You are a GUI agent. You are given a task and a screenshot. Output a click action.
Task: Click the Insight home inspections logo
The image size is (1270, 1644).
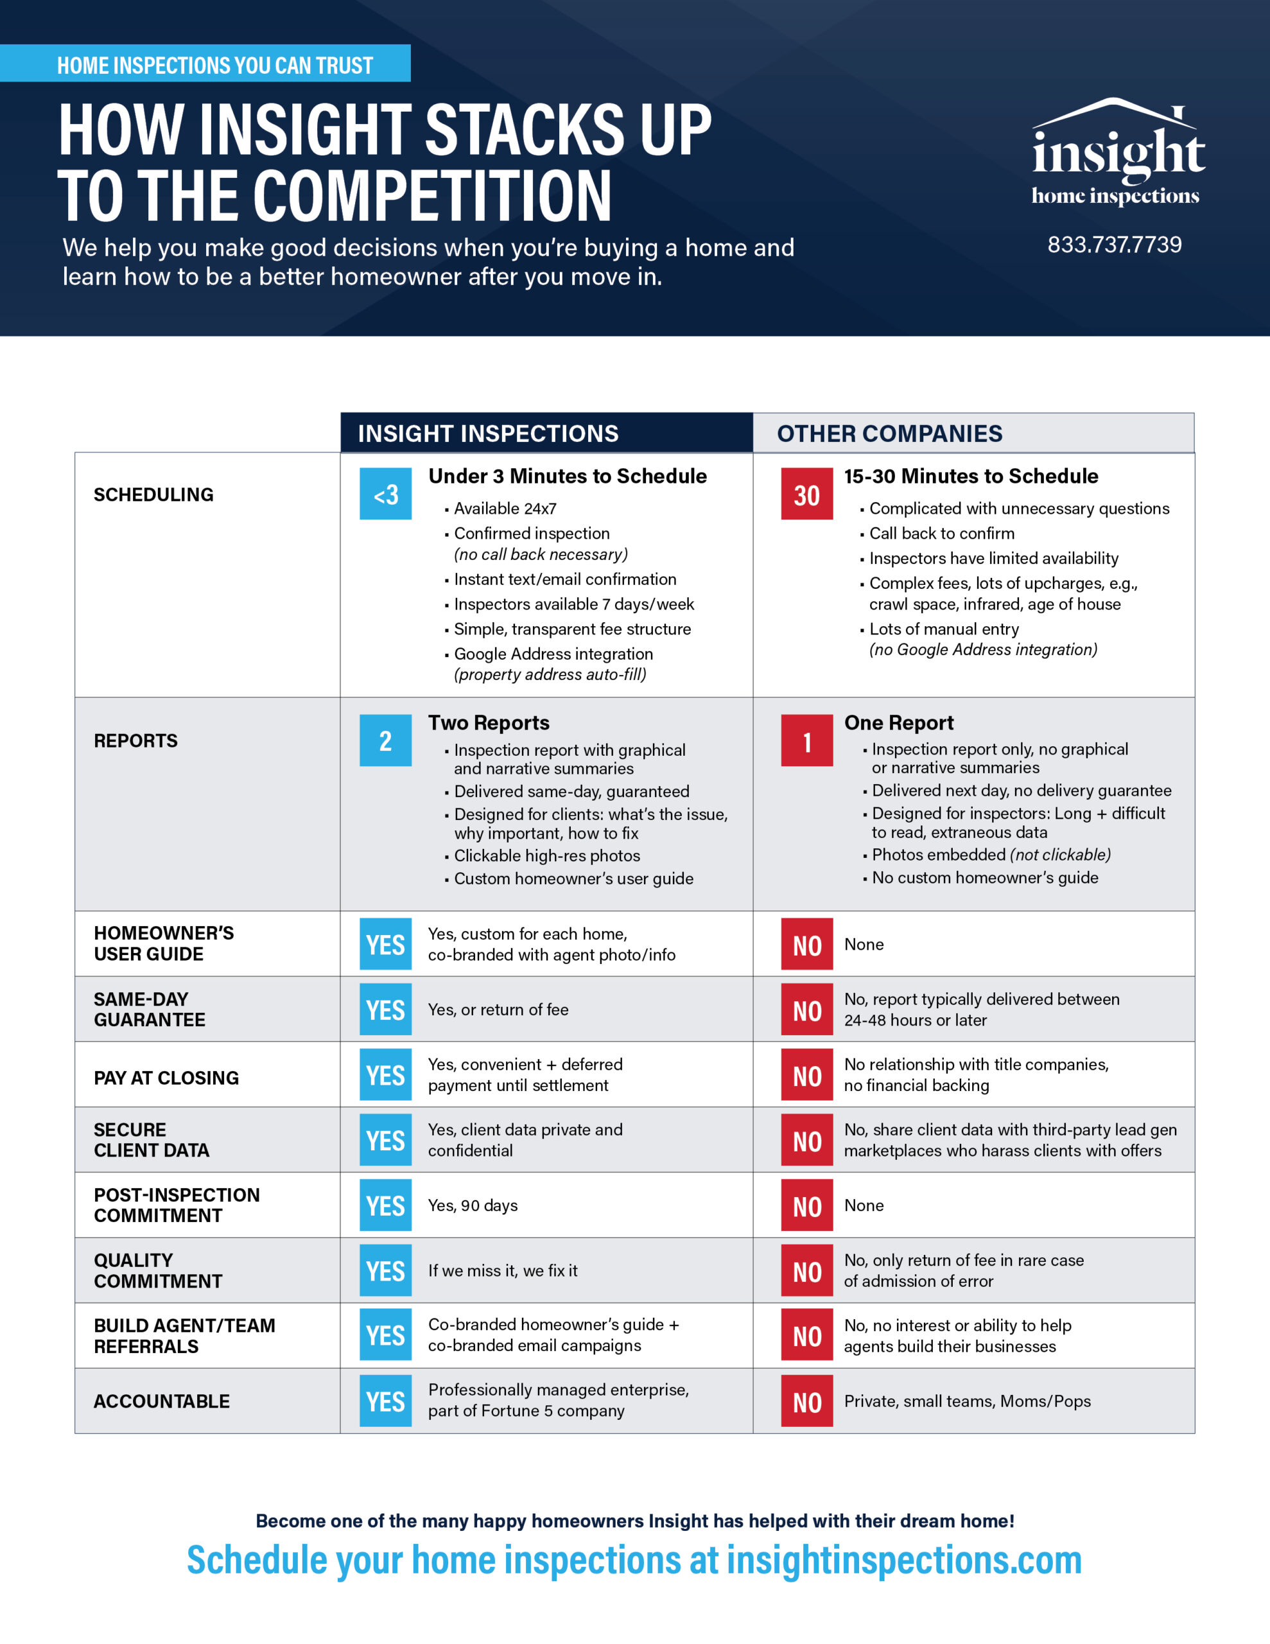coord(1117,154)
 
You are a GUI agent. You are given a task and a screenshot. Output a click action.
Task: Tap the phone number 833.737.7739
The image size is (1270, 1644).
coord(1114,245)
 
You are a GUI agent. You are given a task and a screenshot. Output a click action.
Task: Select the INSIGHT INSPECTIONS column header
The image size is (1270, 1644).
coord(488,433)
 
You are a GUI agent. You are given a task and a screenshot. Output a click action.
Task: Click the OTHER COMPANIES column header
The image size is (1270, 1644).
coord(889,433)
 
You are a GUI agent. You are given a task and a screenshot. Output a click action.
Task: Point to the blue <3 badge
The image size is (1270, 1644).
coord(385,494)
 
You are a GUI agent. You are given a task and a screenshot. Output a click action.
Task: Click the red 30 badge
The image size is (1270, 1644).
coord(806,494)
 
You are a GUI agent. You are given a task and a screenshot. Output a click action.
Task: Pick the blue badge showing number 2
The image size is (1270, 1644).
coord(385,740)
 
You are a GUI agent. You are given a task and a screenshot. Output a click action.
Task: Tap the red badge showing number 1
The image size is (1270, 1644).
coord(806,740)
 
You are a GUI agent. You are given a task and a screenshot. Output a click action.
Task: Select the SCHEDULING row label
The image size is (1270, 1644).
coord(153,494)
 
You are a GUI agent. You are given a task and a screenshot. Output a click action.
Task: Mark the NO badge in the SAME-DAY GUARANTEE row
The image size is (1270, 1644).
coord(806,1010)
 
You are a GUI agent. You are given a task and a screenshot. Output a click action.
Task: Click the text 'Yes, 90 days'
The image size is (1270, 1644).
coord(473,1205)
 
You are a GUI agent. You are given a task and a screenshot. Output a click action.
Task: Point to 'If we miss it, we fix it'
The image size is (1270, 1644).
coord(503,1271)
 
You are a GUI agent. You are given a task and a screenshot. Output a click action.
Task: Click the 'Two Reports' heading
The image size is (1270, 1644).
coord(489,722)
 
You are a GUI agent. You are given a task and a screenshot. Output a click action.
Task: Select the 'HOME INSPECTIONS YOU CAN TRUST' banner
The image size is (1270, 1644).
coord(214,66)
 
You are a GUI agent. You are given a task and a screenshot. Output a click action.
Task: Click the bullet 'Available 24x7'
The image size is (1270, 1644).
coord(505,509)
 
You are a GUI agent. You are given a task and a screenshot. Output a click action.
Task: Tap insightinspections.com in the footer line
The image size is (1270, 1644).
coord(903,1560)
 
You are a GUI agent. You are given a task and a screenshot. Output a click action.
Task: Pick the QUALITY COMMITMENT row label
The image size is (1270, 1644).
coord(158,1271)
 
